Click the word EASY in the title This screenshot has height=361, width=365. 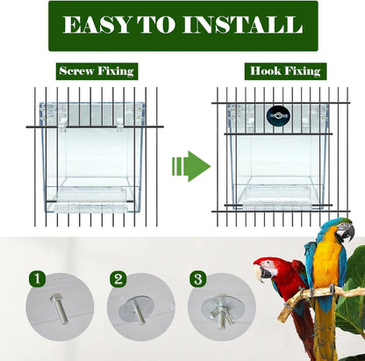97,25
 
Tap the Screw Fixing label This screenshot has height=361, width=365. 97,71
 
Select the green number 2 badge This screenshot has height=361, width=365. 118,280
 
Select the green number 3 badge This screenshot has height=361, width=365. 199,280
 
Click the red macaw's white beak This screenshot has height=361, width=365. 261,273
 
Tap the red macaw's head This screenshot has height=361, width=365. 273,264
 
